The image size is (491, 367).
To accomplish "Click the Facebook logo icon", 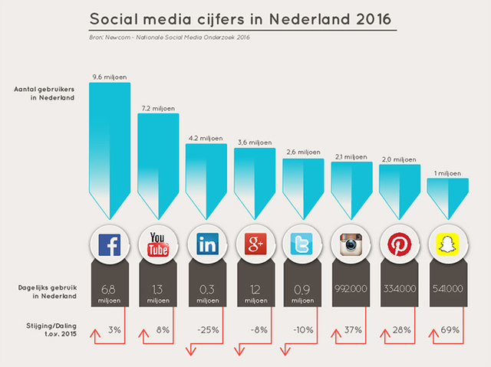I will (110, 245).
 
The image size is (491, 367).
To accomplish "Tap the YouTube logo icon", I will (158, 245).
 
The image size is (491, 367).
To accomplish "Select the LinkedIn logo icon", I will (206, 245).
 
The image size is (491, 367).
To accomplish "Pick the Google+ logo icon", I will (255, 245).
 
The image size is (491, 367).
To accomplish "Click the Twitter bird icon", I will (303, 245).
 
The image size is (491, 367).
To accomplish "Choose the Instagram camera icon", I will (351, 245).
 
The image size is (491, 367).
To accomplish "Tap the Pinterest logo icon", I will (400, 245).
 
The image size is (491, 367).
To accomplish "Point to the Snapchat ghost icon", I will (448, 245).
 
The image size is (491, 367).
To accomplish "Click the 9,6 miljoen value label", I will (110, 77).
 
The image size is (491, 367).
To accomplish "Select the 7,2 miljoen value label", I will (158, 108).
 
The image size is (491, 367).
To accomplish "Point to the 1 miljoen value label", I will (448, 174).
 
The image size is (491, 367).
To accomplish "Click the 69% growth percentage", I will (450, 330).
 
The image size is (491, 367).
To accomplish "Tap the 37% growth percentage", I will (354, 330).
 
